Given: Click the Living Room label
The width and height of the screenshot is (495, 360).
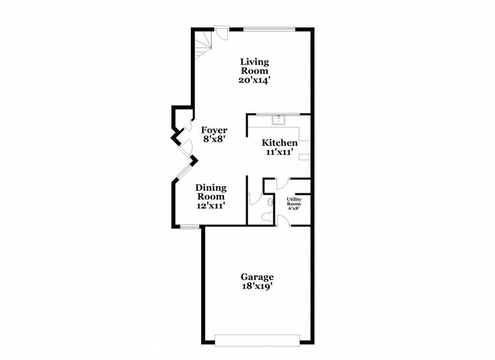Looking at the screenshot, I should (254, 66).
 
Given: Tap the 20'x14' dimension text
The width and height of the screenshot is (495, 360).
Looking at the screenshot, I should (254, 80).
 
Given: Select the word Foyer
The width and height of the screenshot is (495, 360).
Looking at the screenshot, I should (214, 130).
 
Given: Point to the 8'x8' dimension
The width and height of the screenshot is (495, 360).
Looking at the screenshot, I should (214, 139).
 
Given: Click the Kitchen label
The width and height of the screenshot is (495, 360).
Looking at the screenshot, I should (279, 143).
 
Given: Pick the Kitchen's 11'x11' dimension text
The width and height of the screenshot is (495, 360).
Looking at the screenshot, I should (279, 152).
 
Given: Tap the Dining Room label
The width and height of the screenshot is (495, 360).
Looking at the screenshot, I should (211, 192).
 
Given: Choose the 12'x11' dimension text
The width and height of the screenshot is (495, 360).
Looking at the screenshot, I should (211, 205).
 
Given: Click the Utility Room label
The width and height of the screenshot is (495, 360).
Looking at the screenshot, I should (294, 202).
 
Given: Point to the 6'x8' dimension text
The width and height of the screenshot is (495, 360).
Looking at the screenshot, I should (294, 210).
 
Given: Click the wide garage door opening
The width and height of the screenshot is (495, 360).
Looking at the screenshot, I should (257, 338).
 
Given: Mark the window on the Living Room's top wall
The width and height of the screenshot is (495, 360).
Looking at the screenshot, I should (269, 29).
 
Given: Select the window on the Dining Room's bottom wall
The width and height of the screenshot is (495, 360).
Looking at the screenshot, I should (190, 227).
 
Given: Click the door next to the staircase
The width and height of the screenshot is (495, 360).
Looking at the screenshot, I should (223, 33).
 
